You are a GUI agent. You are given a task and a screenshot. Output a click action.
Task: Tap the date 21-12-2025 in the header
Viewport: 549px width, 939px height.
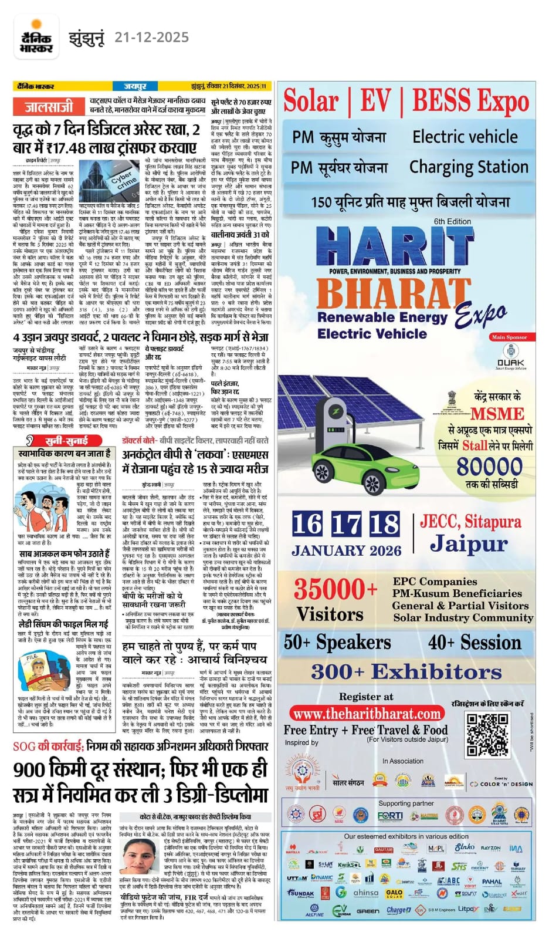tap(151, 38)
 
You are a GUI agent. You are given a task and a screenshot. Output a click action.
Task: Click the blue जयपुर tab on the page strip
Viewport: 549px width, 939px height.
tap(135, 86)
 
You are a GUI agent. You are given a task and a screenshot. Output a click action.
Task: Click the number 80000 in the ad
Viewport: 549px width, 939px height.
tap(489, 467)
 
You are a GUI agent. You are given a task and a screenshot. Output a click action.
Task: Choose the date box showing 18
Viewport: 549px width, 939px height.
tap(384, 524)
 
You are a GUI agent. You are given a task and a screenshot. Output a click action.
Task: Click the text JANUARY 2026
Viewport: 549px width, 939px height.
tap(346, 550)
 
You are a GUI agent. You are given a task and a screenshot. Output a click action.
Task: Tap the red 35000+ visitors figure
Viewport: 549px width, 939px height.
tap(335, 589)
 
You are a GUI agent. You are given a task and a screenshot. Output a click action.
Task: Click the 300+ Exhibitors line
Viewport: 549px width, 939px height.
tap(406, 671)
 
